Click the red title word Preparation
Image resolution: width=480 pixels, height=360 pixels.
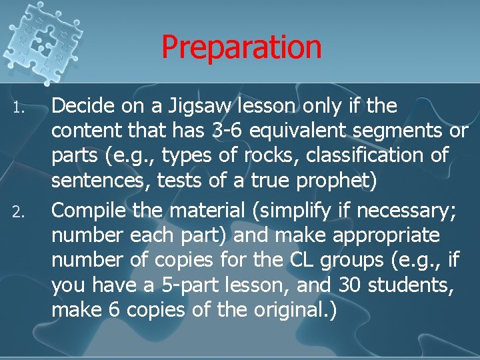pos(241,47)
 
